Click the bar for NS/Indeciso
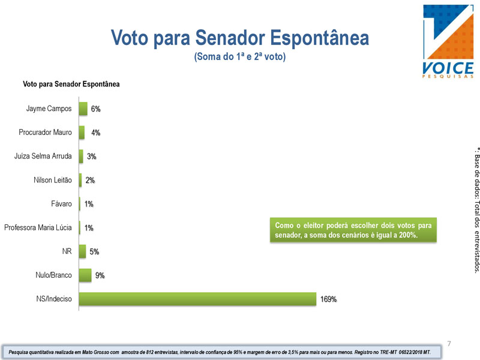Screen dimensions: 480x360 [197, 299]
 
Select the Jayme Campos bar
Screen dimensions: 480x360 [83, 109]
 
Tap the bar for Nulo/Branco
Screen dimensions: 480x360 [85, 275]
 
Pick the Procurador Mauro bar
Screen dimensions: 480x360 [82, 133]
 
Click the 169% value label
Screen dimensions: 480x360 [328, 299]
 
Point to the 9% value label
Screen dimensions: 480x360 [100, 275]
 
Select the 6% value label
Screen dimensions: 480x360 [95, 109]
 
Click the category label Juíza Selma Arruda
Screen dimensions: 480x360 [43, 156]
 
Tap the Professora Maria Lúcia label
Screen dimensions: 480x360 [38, 227]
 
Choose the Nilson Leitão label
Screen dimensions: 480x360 [53, 180]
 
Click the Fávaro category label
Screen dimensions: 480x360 [61, 203]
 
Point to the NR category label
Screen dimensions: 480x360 [67, 251]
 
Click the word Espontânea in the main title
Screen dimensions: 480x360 [319, 38]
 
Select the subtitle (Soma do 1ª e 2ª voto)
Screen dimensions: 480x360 [239, 56]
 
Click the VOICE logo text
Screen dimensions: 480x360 [448, 68]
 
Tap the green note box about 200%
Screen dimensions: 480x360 [353, 230]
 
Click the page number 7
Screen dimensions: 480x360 [449, 343]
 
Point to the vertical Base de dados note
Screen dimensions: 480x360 [476, 211]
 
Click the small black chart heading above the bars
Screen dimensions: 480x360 [71, 84]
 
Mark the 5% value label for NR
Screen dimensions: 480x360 [94, 251]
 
